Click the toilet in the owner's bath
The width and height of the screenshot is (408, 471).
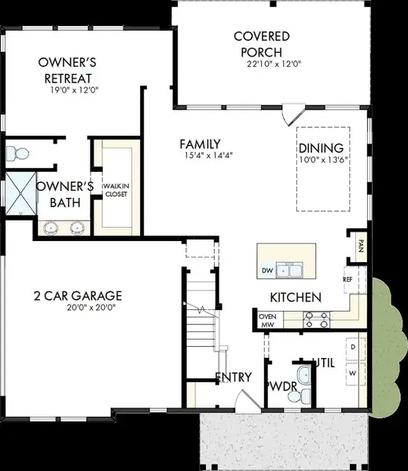point(17,154)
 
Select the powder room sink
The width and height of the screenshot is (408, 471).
point(304,375)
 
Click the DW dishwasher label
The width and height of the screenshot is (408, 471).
point(267,271)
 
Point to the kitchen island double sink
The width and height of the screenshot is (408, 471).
point(289,271)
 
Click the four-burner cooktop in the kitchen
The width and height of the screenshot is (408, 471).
point(316,319)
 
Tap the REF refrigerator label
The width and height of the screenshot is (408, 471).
point(347,279)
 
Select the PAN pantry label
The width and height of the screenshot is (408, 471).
point(361,246)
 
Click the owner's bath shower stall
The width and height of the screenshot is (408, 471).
point(20,194)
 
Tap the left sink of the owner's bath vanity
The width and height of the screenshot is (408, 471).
point(51,228)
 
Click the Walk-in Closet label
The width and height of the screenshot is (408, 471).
point(116,190)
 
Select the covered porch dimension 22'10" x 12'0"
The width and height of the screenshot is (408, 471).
point(274,64)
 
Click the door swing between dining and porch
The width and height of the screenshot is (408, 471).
point(293,115)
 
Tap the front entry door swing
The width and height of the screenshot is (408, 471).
point(248,402)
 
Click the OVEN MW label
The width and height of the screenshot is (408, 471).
point(267,320)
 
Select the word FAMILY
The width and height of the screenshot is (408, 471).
point(200,144)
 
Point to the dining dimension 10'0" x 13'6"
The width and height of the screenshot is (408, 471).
point(323,159)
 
